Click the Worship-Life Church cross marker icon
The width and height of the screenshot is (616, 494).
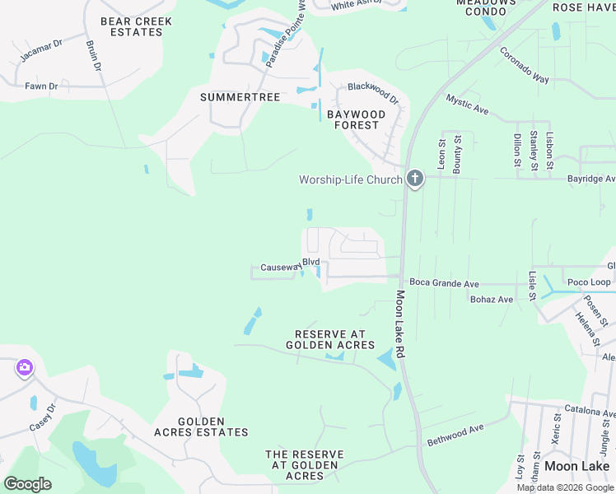coord(415,179)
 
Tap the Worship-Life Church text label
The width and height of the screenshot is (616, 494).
coord(351,179)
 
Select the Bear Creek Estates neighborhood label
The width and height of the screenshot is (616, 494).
coord(131,26)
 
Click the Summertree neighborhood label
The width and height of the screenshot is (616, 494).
coord(240,97)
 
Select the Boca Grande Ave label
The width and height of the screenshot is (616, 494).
coord(444,284)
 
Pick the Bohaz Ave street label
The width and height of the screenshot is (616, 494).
coord(492,300)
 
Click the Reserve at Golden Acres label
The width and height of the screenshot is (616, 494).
coord(330,339)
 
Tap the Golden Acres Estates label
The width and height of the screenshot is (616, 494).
coord(201,426)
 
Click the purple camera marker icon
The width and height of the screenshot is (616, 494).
coord(23,367)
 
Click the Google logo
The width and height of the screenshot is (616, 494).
coord(27,484)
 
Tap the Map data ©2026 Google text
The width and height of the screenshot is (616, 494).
coord(565,487)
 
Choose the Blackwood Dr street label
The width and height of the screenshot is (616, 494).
coord(373,93)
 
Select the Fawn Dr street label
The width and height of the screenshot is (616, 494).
coord(41,86)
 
